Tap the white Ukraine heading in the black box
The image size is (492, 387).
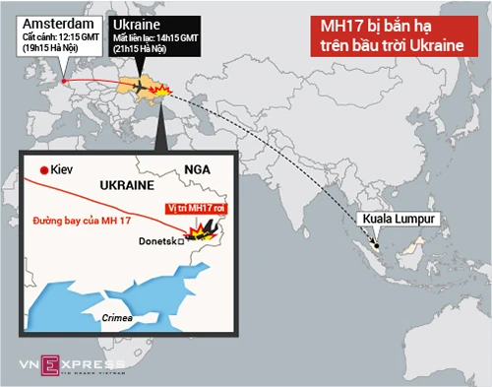coord(136,21)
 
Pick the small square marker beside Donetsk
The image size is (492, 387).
coord(179,240)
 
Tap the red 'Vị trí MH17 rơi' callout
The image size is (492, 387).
coord(194,208)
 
